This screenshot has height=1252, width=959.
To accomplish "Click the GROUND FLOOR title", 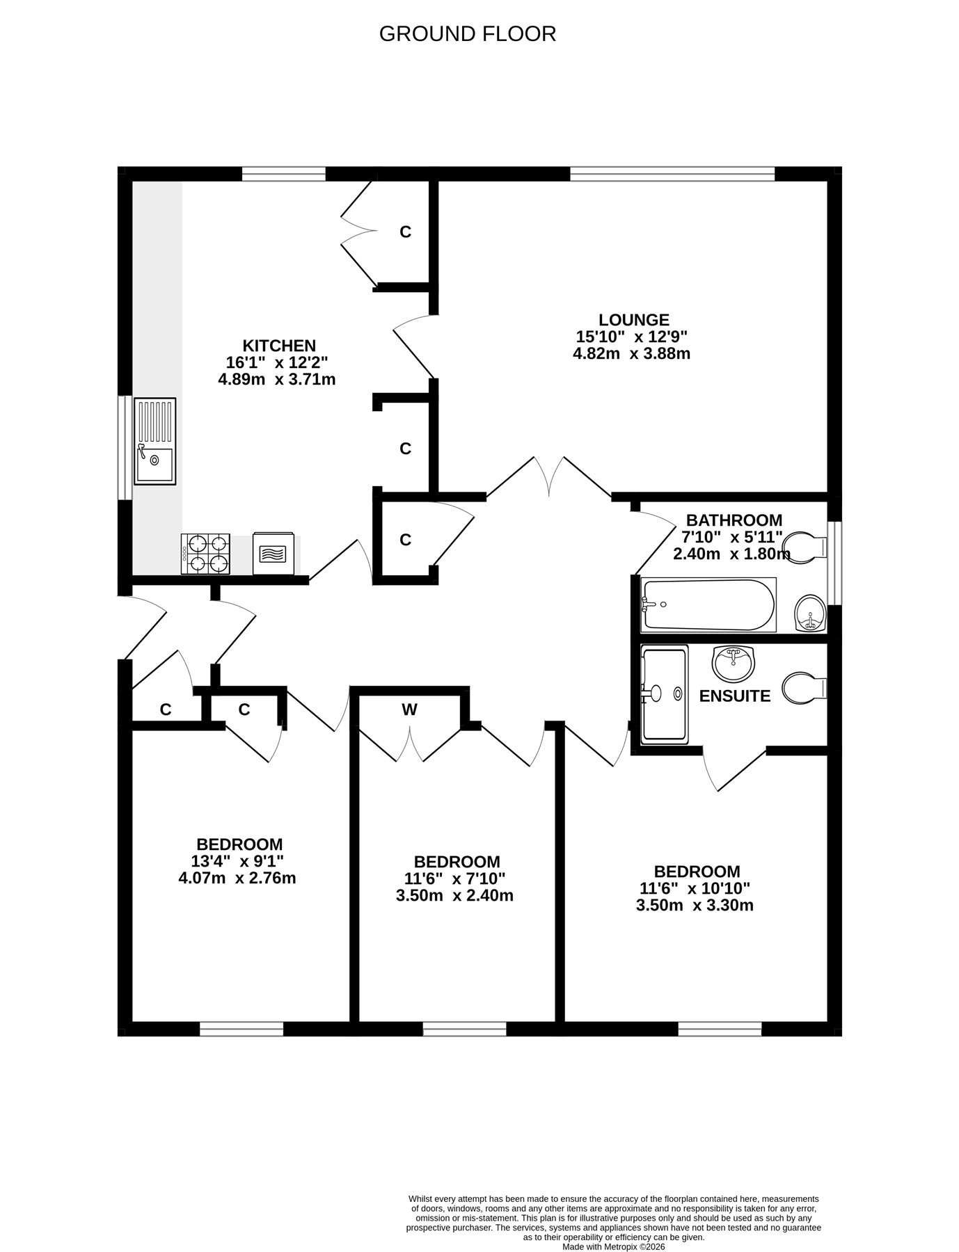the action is pyautogui.click(x=467, y=34).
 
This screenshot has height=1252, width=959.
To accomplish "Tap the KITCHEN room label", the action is pyautogui.click(x=279, y=346).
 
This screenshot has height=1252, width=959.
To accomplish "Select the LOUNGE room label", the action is pyautogui.click(x=634, y=320).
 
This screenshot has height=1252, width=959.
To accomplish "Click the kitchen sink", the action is pyautogui.click(x=155, y=441).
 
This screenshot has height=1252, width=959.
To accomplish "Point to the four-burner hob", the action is pyautogui.click(x=206, y=554).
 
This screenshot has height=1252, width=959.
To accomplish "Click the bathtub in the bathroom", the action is pyautogui.click(x=708, y=605).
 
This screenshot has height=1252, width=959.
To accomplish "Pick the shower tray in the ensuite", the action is pyautogui.click(x=665, y=693).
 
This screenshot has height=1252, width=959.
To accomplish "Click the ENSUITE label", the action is pyautogui.click(x=735, y=696).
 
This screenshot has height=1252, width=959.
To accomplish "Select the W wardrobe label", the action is pyautogui.click(x=410, y=709).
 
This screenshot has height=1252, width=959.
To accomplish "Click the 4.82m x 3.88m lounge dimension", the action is pyautogui.click(x=631, y=353).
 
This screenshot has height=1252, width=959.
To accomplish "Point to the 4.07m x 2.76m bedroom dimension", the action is pyautogui.click(x=237, y=878).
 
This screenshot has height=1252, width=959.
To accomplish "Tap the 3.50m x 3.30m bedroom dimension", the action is pyautogui.click(x=695, y=905).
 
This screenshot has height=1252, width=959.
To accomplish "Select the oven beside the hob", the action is pyautogui.click(x=274, y=554).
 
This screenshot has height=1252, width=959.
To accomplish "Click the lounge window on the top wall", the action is pyautogui.click(x=672, y=174).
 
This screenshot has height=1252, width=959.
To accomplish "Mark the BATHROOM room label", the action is pyautogui.click(x=734, y=520).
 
